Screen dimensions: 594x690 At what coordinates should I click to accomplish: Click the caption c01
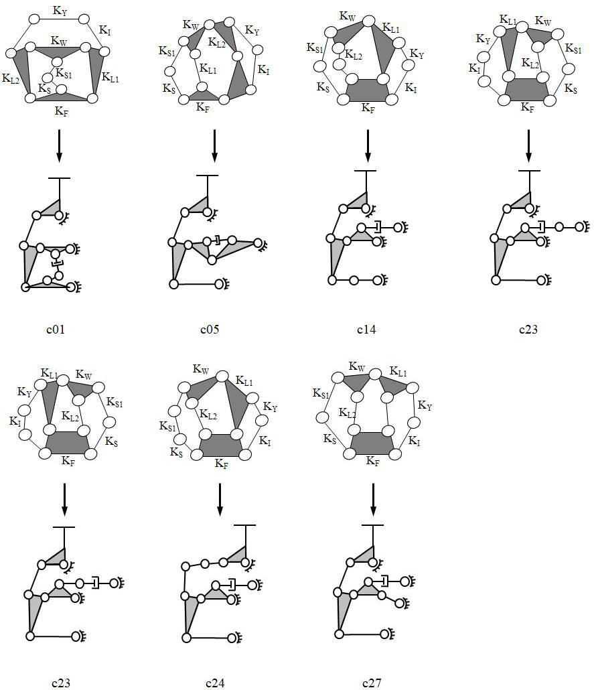point(56,329)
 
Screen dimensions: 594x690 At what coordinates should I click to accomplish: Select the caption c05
point(210,329)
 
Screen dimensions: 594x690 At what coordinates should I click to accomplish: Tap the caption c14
point(366,329)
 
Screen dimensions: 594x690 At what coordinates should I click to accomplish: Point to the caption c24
point(215,683)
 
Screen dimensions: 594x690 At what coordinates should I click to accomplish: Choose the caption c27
point(372,683)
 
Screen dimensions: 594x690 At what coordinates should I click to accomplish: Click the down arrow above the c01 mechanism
point(60,145)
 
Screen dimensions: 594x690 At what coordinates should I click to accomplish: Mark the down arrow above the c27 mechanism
point(373,500)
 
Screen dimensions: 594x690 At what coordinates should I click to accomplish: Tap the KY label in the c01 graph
point(60,11)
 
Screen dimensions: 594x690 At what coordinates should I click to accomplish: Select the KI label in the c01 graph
point(104,30)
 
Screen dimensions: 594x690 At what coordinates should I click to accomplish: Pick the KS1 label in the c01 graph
point(64,74)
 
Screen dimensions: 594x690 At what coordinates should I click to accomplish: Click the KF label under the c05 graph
point(203,107)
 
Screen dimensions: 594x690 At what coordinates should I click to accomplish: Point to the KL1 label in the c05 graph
point(208,68)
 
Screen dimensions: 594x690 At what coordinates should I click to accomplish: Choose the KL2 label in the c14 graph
point(354,55)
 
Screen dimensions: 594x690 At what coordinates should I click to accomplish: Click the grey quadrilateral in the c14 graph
point(368,90)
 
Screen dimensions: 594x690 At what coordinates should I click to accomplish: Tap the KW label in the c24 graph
point(201,368)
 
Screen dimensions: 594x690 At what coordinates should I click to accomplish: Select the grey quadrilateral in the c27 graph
point(373,443)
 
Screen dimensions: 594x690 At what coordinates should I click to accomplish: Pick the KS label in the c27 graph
point(330,438)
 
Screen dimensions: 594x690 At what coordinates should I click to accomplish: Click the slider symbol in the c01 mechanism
point(56,263)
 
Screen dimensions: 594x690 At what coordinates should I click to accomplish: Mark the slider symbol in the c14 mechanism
point(377,227)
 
